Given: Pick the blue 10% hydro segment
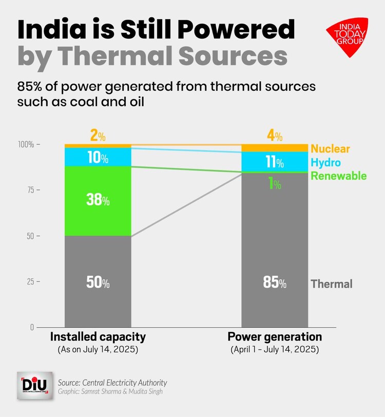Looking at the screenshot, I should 98,157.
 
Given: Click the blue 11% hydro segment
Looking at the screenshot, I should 275,162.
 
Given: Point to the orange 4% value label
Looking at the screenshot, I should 275,137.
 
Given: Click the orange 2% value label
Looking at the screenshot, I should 98,137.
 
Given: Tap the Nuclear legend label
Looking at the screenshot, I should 330,149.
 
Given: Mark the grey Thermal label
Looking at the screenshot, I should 332,283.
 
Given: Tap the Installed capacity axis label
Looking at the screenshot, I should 98,337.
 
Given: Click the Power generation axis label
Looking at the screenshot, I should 275,337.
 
